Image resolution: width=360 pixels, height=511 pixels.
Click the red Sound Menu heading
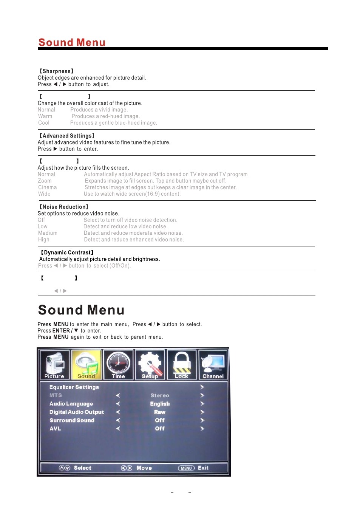tap(72, 42)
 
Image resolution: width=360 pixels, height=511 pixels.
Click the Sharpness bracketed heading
tap(57, 71)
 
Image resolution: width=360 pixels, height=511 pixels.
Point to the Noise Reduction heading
tap(64, 207)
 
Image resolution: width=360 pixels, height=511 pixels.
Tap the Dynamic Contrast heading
tap(67, 252)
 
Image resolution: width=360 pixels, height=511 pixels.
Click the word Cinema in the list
tap(48, 187)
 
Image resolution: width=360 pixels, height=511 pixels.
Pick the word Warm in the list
tap(45, 116)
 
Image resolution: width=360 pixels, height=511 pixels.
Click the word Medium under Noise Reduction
tap(48, 233)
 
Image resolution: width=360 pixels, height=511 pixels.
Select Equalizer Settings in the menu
tap(74, 387)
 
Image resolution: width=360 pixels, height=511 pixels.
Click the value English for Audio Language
tap(160, 404)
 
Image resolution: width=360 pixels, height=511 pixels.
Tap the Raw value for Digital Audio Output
tap(160, 412)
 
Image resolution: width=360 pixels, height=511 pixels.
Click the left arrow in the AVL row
tap(118, 429)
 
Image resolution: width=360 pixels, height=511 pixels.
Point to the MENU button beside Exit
tap(186, 468)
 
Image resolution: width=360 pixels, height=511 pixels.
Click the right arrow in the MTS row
tap(202, 395)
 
